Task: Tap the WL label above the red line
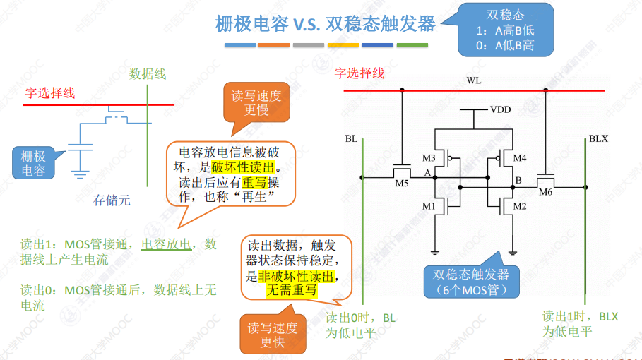point(473,80)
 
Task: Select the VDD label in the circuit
point(500,110)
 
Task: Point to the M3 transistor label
point(429,157)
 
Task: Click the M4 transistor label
point(520,157)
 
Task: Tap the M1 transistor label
point(429,206)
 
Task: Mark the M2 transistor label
point(520,206)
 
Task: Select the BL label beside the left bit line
point(351,139)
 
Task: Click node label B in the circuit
point(518,181)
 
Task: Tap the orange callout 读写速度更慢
point(256,102)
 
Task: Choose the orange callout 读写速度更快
point(273,335)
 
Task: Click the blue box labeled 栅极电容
point(33,163)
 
